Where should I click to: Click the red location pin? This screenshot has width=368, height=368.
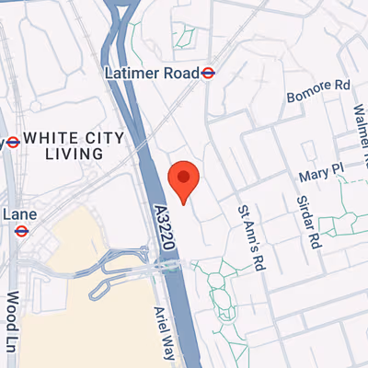point(184,178)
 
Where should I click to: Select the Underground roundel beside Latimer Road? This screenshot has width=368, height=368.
point(211,73)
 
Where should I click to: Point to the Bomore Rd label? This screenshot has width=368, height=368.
point(319,85)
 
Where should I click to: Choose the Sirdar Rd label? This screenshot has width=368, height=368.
point(308,222)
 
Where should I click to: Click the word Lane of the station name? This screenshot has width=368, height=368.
point(19,213)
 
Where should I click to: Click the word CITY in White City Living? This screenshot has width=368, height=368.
point(102,138)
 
